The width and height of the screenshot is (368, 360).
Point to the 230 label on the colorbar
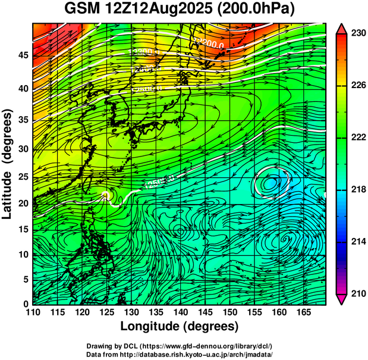tap(358, 33)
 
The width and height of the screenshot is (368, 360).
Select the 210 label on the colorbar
tap(358, 294)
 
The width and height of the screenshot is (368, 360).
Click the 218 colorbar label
tap(358, 190)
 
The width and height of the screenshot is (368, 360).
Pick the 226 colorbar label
tap(358, 86)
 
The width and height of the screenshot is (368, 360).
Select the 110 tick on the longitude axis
tap(33, 312)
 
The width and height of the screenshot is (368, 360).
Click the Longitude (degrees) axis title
tap(180, 326)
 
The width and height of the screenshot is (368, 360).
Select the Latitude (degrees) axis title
tap(8, 164)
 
